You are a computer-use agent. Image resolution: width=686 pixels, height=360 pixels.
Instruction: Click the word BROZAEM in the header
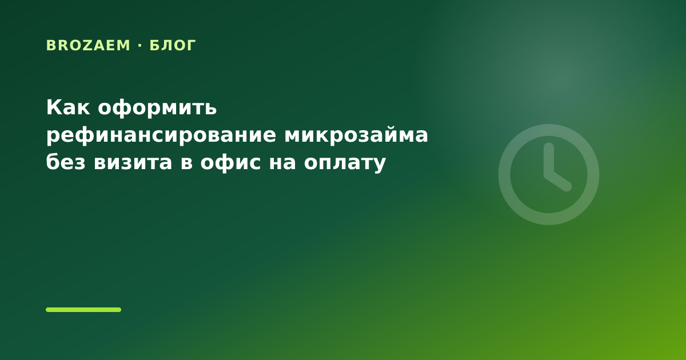pyautogui.click(x=88, y=45)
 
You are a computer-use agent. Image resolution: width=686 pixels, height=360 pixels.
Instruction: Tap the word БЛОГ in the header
pyautogui.click(x=173, y=45)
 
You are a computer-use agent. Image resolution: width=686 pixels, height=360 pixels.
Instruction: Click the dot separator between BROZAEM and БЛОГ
pyautogui.click(x=140, y=46)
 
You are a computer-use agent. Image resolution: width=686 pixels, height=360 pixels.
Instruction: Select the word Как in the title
pyautogui.click(x=68, y=107)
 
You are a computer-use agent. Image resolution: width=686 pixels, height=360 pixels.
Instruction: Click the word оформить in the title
pyautogui.click(x=157, y=109)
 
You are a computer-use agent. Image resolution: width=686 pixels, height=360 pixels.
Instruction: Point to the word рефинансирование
pyautogui.click(x=161, y=135)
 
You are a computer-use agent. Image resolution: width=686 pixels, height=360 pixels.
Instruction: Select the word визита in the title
pyautogui.click(x=133, y=162)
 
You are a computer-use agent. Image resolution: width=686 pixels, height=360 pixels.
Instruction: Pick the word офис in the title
pyautogui.click(x=230, y=162)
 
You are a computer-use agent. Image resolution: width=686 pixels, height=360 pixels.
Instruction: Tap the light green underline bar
pyautogui.click(x=83, y=310)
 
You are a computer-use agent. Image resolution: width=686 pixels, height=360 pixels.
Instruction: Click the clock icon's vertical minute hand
pyautogui.click(x=549, y=160)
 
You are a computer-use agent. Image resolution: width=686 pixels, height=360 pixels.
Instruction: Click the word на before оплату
pyautogui.click(x=282, y=163)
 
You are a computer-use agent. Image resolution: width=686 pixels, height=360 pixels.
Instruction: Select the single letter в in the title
pyautogui.click(x=186, y=163)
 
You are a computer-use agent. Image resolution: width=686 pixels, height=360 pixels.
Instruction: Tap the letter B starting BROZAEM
pyautogui.click(x=50, y=45)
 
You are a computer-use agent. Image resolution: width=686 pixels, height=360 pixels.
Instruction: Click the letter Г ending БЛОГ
pyautogui.click(x=192, y=45)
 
